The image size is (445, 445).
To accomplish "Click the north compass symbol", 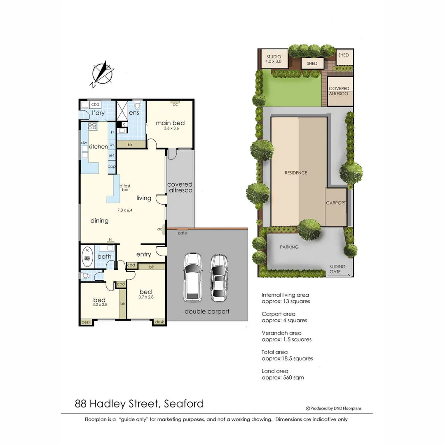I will click(102, 74).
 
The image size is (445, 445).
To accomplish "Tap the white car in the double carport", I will click(192, 276).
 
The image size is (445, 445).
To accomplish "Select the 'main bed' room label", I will click(170, 123).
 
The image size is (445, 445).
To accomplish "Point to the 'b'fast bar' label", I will click(124, 188).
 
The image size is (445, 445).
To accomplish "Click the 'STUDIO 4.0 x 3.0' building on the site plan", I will click(273, 59).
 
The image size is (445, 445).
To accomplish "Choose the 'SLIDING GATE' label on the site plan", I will click(337, 269).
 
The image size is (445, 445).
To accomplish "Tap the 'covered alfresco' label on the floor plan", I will click(180, 187).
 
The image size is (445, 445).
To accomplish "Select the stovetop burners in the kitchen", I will click(92, 126).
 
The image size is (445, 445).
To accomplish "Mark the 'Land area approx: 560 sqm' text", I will click(283, 374).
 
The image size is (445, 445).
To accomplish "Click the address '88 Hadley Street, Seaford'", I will click(139, 403).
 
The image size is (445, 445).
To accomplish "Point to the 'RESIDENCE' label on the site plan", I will click(296, 173).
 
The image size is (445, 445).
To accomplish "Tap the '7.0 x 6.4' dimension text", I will click(124, 210).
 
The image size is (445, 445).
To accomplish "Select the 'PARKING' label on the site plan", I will click(289, 247).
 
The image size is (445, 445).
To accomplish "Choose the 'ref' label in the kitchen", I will click(111, 155).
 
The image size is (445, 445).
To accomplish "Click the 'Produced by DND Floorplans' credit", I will click(333, 408).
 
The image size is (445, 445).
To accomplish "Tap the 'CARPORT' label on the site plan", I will click(336, 203).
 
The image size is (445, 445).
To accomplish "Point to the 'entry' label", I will click(144, 254).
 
